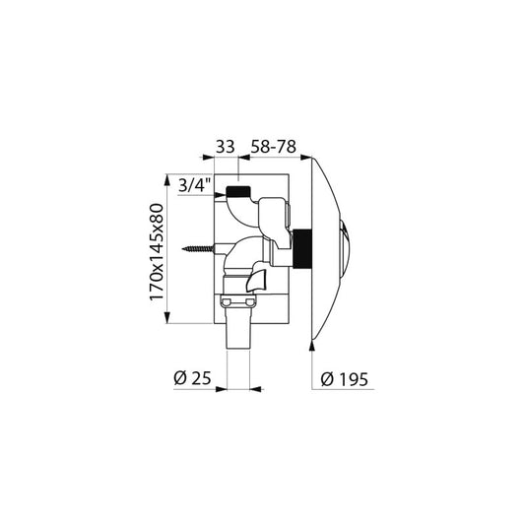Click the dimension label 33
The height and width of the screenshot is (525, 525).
pyautogui.click(x=225, y=147)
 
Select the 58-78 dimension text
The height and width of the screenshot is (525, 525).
pyautogui.click(x=274, y=147)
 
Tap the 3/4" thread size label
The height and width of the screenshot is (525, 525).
pyautogui.click(x=195, y=185)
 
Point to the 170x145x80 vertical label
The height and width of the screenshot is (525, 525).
pyautogui.click(x=157, y=251)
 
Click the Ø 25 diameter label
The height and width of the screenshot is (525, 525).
pyautogui.click(x=192, y=378)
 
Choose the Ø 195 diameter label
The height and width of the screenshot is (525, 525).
pyautogui.click(x=344, y=379)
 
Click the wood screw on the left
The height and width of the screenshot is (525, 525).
pyautogui.click(x=198, y=249)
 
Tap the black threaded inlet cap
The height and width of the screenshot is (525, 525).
pyautogui.click(x=238, y=191)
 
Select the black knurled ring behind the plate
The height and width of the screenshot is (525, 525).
pyautogui.click(x=302, y=248)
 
